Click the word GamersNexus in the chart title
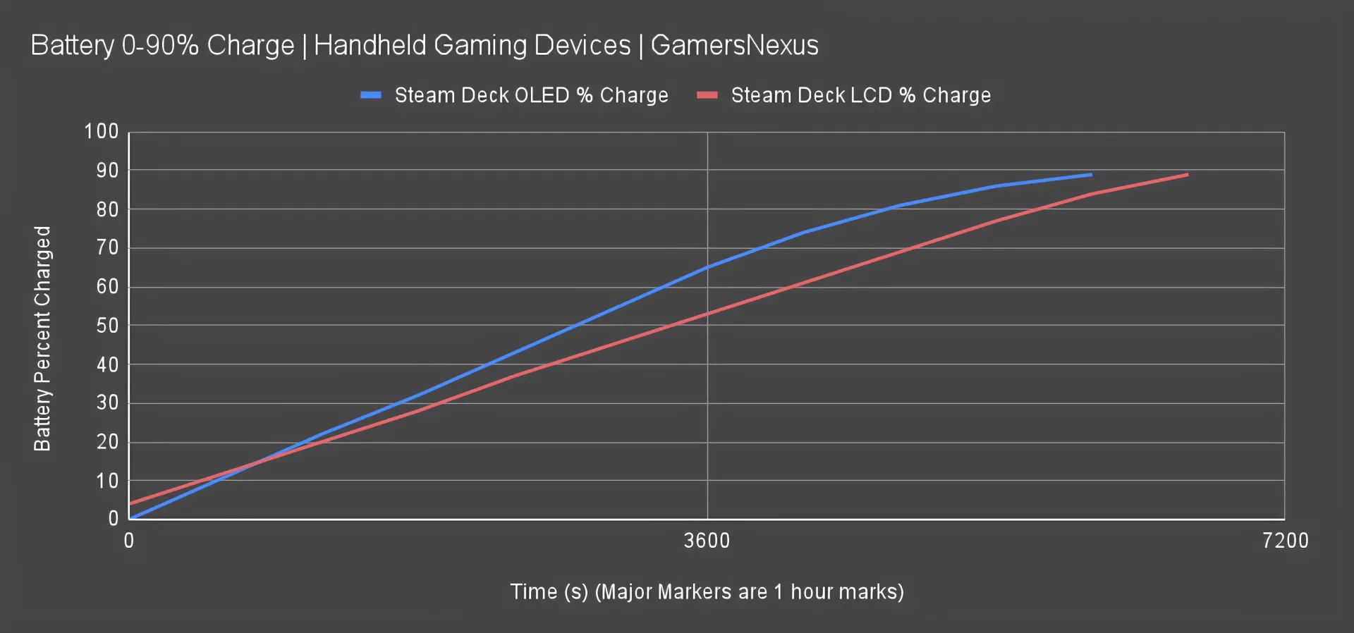pyautogui.click(x=734, y=46)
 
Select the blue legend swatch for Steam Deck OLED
pyautogui.click(x=371, y=95)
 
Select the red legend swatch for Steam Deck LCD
pyautogui.click(x=707, y=95)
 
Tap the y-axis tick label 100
pyautogui.click(x=102, y=132)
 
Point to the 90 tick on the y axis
pyautogui.click(x=107, y=171)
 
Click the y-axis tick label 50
pyautogui.click(x=107, y=326)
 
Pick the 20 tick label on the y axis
pyautogui.click(x=107, y=442)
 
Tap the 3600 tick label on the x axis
pyautogui.click(x=707, y=541)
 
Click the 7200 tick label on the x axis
pyautogui.click(x=1285, y=541)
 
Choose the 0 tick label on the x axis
pyautogui.click(x=129, y=541)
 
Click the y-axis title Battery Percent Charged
pyautogui.click(x=43, y=338)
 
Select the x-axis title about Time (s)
pyautogui.click(x=707, y=591)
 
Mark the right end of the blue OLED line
pyautogui.click(x=1091, y=174)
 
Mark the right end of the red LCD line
pyautogui.click(x=1188, y=174)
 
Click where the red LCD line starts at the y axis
pyautogui.click(x=130, y=503)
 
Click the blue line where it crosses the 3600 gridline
pyautogui.click(x=707, y=267)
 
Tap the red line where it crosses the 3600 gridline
pyautogui.click(x=707, y=314)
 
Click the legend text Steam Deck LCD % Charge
pyautogui.click(x=860, y=95)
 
